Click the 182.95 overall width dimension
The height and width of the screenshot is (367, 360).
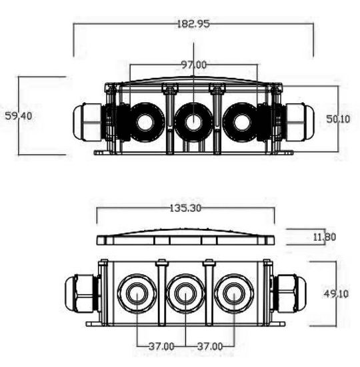point(193,24)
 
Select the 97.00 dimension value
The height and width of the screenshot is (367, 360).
point(193,65)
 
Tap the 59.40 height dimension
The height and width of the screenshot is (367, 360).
point(18,115)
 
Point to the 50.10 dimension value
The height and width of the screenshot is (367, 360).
point(338,118)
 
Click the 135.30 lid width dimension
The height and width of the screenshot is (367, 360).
point(185,208)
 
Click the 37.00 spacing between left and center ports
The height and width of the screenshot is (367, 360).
point(161,346)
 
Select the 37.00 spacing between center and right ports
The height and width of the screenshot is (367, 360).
point(210,346)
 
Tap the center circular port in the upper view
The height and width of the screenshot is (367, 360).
point(193,122)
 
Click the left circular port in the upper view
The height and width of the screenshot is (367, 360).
point(145,122)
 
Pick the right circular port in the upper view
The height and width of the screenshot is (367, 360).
point(239,122)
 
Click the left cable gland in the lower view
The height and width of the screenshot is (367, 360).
point(81,293)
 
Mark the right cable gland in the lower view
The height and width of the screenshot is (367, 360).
point(289,293)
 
